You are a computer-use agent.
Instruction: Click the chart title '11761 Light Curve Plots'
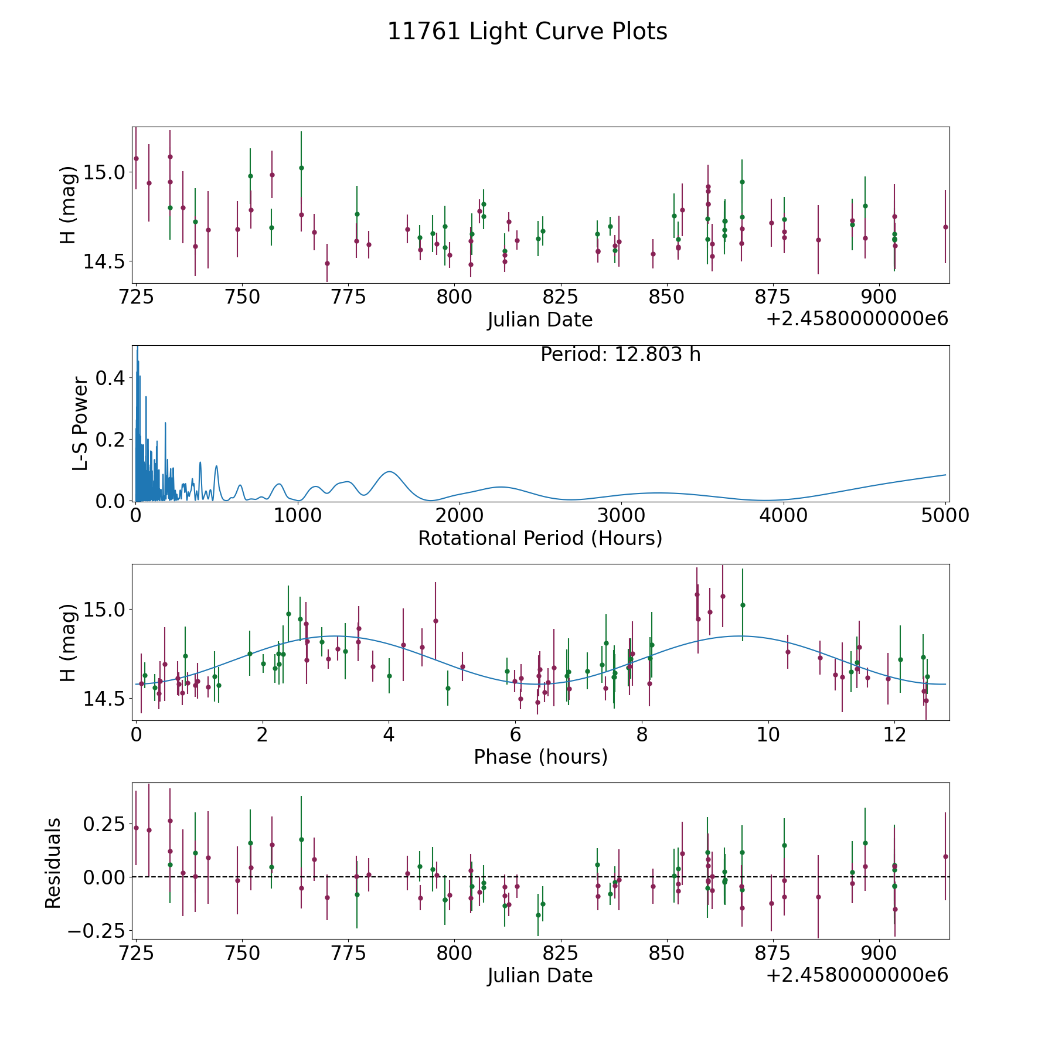click(x=527, y=32)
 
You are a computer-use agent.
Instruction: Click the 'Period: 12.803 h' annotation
click(x=620, y=355)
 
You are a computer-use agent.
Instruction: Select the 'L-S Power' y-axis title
click(x=80, y=424)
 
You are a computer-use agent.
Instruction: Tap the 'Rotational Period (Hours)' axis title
click(x=540, y=538)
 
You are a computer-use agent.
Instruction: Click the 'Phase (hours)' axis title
click(x=540, y=757)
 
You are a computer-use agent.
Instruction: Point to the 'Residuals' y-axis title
click(x=53, y=863)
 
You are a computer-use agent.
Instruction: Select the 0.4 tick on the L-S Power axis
click(x=110, y=378)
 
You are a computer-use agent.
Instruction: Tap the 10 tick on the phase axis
click(x=768, y=734)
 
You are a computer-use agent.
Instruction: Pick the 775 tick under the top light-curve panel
click(x=348, y=297)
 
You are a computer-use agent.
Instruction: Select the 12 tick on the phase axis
click(x=894, y=734)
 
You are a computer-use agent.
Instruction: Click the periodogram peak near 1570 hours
click(x=389, y=472)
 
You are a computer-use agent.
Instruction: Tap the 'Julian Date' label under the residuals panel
click(x=540, y=976)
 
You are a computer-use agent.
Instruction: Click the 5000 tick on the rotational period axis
click(x=945, y=516)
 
